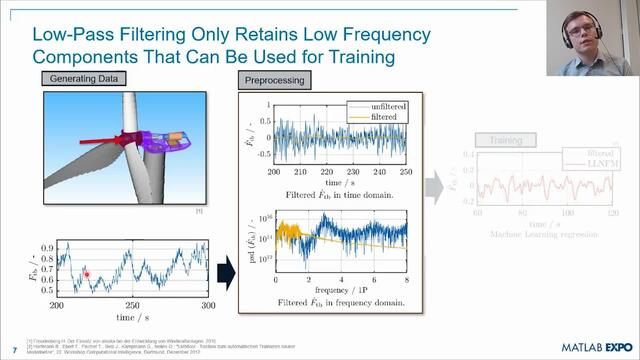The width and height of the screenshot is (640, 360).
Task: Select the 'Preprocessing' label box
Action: [x=275, y=78]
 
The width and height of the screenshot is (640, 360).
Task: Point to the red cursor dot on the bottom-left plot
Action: [x=87, y=273]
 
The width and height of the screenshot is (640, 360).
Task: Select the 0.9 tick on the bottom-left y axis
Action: [x=47, y=245]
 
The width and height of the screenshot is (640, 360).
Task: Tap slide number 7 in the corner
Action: [x=14, y=350]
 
